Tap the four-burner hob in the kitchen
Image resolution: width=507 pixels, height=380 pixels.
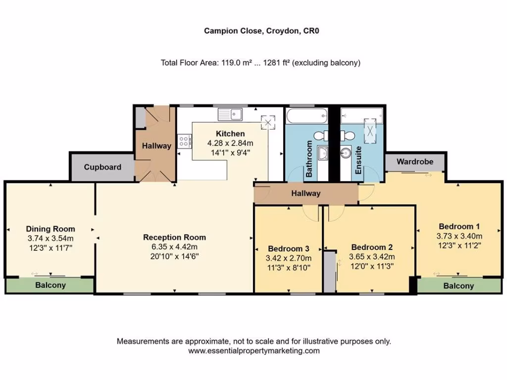click(x=185, y=142)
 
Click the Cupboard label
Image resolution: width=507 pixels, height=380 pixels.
click(x=102, y=167)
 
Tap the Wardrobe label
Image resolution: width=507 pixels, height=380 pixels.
click(x=415, y=161)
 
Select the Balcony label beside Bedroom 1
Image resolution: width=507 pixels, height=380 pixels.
click(x=458, y=286)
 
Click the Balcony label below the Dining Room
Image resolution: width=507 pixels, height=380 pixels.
click(x=50, y=285)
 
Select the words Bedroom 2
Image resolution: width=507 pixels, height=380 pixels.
click(x=372, y=247)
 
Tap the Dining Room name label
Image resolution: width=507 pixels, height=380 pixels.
click(x=51, y=229)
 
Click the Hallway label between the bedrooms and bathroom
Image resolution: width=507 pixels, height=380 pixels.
click(x=305, y=193)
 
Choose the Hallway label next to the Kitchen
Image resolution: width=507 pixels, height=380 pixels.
click(x=156, y=146)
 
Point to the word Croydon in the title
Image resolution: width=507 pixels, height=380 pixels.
click(x=280, y=31)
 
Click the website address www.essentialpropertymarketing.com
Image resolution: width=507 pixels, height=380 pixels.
click(x=254, y=351)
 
